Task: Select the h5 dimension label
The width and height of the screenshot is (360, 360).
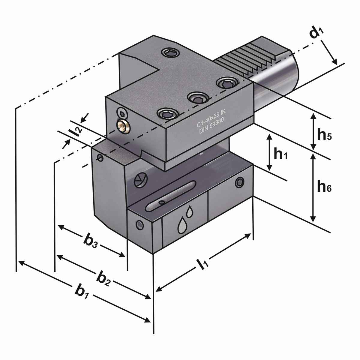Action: coord(324,135)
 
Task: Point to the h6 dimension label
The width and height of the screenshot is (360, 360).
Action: coord(324,187)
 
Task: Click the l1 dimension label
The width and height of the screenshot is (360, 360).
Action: coord(201,264)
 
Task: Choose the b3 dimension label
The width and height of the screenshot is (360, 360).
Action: coord(90,242)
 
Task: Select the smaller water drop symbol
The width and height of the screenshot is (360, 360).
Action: coord(190,212)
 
